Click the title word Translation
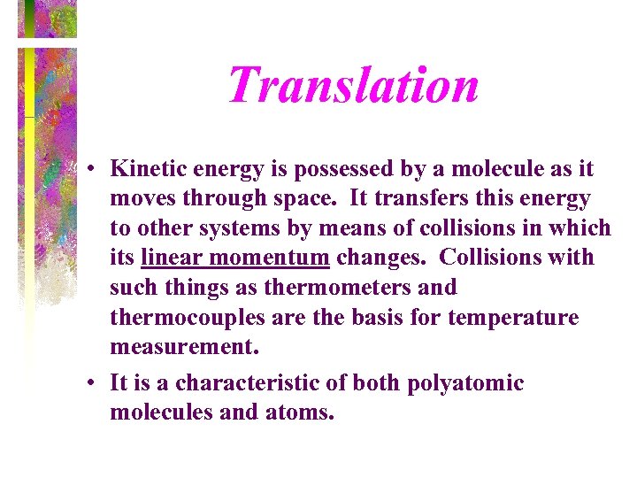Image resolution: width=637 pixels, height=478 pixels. point(353,84)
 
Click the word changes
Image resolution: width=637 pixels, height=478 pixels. point(383,258)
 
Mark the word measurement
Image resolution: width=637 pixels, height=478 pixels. point(185,347)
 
